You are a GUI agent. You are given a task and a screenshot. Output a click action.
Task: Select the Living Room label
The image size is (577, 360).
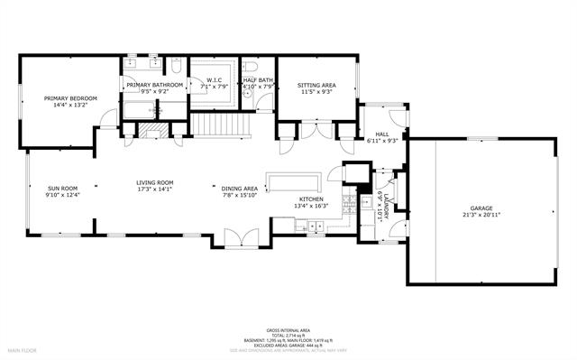point(154,181)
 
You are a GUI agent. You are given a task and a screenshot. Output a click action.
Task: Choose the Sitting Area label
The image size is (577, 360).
point(316,86)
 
